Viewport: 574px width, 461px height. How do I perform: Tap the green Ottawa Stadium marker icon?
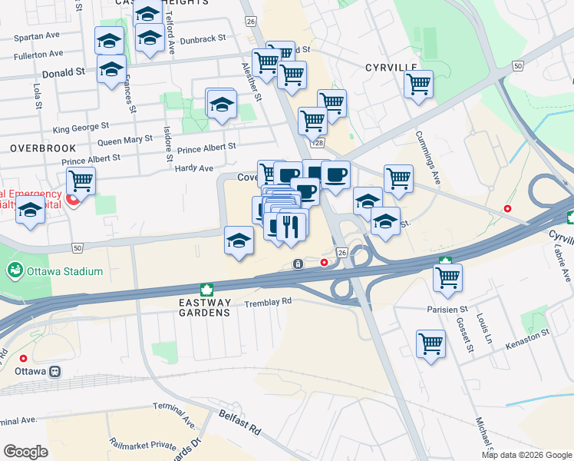(x=14, y=271)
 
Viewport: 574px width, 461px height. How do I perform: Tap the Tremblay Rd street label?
(x=268, y=302)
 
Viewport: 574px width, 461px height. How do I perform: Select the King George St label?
(x=81, y=129)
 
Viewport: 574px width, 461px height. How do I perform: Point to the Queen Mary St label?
(x=125, y=141)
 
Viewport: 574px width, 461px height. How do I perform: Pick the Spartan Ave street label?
(x=38, y=36)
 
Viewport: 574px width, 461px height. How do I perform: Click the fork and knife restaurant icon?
(x=291, y=227)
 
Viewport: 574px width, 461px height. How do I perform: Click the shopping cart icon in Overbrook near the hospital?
(x=81, y=181)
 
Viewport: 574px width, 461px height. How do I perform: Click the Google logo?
(x=26, y=451)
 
